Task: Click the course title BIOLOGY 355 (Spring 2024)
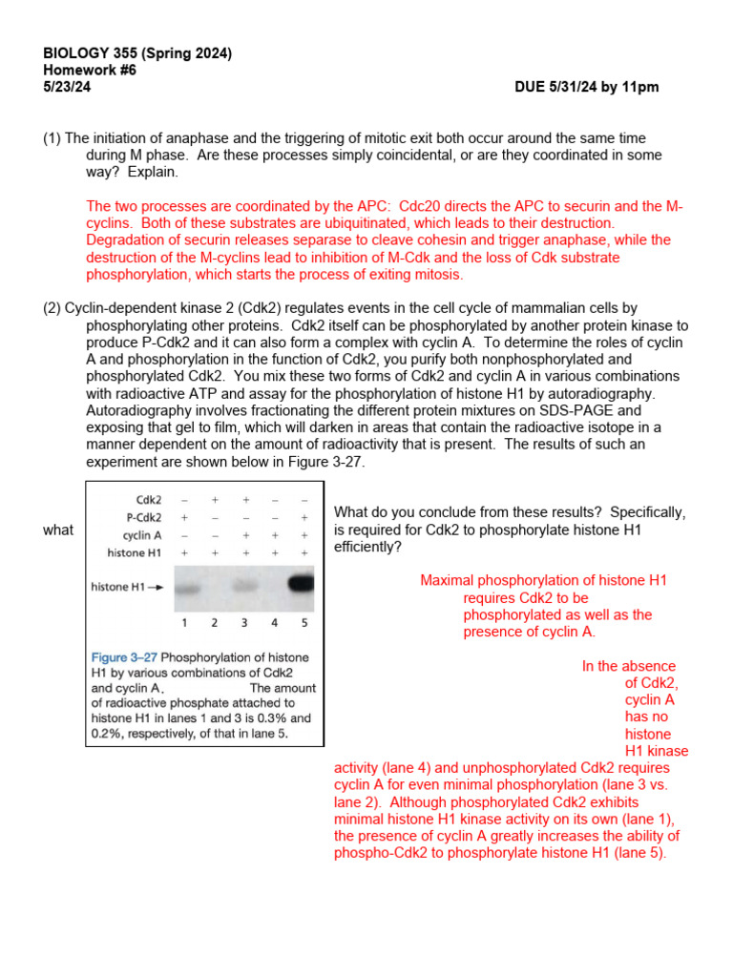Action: [x=137, y=53]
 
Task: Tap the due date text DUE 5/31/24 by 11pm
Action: [x=586, y=87]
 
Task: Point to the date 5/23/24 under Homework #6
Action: [x=68, y=87]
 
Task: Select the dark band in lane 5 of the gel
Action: [x=304, y=582]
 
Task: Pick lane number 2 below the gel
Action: [x=215, y=622]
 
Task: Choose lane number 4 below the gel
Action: [x=275, y=622]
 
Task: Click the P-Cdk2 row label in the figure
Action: [x=142, y=517]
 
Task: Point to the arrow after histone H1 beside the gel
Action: [x=156, y=588]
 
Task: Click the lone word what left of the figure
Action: [x=58, y=530]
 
